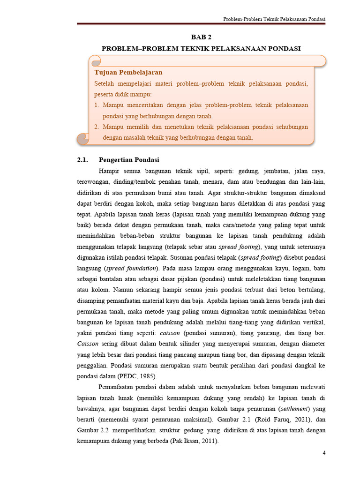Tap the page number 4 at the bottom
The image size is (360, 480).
coord(323,452)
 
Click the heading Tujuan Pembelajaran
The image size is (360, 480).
coord(128,72)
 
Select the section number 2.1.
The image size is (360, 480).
coord(82,159)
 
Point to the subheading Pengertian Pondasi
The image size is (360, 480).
coord(129,159)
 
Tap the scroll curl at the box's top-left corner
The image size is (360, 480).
coord(95,61)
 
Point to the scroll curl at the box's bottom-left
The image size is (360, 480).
coord(83,137)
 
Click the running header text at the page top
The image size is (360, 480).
coord(274,19)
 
